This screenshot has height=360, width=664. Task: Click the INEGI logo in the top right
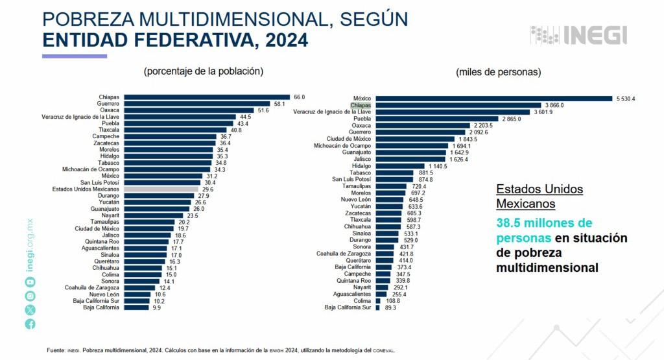tap(578, 34)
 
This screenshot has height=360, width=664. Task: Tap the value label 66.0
tap(299, 97)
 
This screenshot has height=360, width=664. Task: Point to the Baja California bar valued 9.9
tap(136, 307)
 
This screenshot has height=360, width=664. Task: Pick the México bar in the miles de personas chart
tap(493, 99)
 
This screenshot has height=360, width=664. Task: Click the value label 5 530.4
tap(625, 99)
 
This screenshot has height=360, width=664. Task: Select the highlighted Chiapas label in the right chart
tap(360, 105)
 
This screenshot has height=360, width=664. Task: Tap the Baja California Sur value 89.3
tap(390, 307)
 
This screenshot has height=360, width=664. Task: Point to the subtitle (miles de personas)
tap(498, 72)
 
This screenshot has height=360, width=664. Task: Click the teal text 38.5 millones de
tap(545, 222)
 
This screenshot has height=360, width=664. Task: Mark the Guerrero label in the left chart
tap(108, 104)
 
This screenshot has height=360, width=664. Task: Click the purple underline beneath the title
tap(74, 56)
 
